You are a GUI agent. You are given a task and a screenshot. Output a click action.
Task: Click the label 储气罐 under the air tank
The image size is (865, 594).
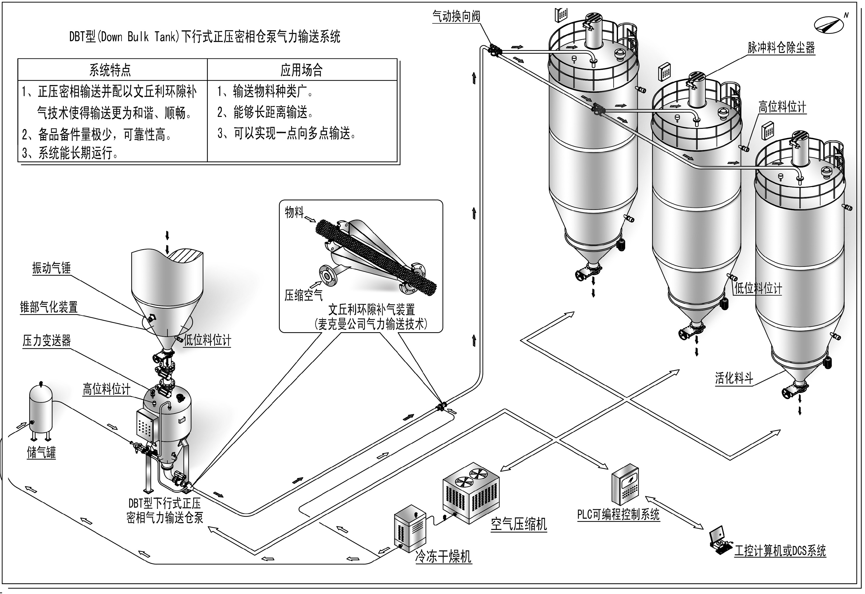[x=41, y=453]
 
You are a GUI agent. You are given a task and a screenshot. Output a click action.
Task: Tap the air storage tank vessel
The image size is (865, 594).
[x=41, y=410]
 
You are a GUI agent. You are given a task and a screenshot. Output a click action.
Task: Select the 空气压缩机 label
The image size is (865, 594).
[x=518, y=525]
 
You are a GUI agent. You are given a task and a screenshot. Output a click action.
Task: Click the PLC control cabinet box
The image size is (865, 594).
[x=625, y=484]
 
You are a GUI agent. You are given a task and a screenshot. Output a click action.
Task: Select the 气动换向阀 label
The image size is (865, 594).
[x=456, y=16]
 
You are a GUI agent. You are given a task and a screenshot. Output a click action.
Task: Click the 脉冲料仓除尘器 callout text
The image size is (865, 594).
[x=781, y=48]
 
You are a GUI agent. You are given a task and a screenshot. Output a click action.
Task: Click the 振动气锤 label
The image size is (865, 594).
[x=51, y=268]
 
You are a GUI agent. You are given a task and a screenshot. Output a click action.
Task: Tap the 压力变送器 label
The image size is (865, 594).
[x=47, y=340]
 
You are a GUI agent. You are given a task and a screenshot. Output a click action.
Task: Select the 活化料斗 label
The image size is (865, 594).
[x=734, y=378]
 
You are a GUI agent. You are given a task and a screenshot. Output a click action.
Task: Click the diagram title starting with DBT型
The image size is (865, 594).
[x=205, y=37]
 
